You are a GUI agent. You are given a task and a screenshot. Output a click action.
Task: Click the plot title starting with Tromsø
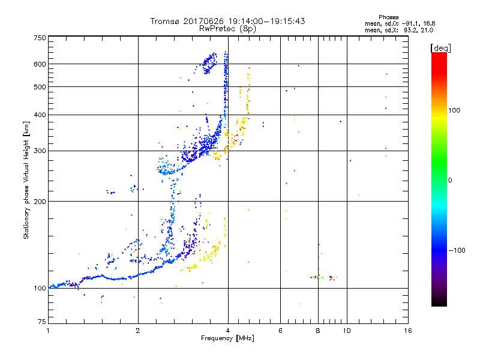pos(228,21)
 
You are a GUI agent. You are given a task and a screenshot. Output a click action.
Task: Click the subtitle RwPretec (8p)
pos(228,28)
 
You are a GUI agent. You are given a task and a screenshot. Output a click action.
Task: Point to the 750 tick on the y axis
pos(40,38)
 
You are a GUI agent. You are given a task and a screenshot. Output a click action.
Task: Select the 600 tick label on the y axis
pos(40,64)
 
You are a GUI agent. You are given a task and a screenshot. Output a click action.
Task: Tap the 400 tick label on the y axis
pos(40,115)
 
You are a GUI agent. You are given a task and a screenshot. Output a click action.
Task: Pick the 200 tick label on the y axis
pos(40,201)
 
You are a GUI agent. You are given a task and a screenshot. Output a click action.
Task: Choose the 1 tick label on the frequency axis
pos(48,331)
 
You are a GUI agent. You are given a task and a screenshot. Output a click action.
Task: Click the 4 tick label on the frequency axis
pos(228,331)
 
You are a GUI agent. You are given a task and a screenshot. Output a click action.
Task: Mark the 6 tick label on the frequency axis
pos(281,331)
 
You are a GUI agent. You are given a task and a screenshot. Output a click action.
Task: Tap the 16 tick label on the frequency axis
pos(408,331)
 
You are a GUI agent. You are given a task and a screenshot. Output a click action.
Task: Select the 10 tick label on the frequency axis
pos(347,331)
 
